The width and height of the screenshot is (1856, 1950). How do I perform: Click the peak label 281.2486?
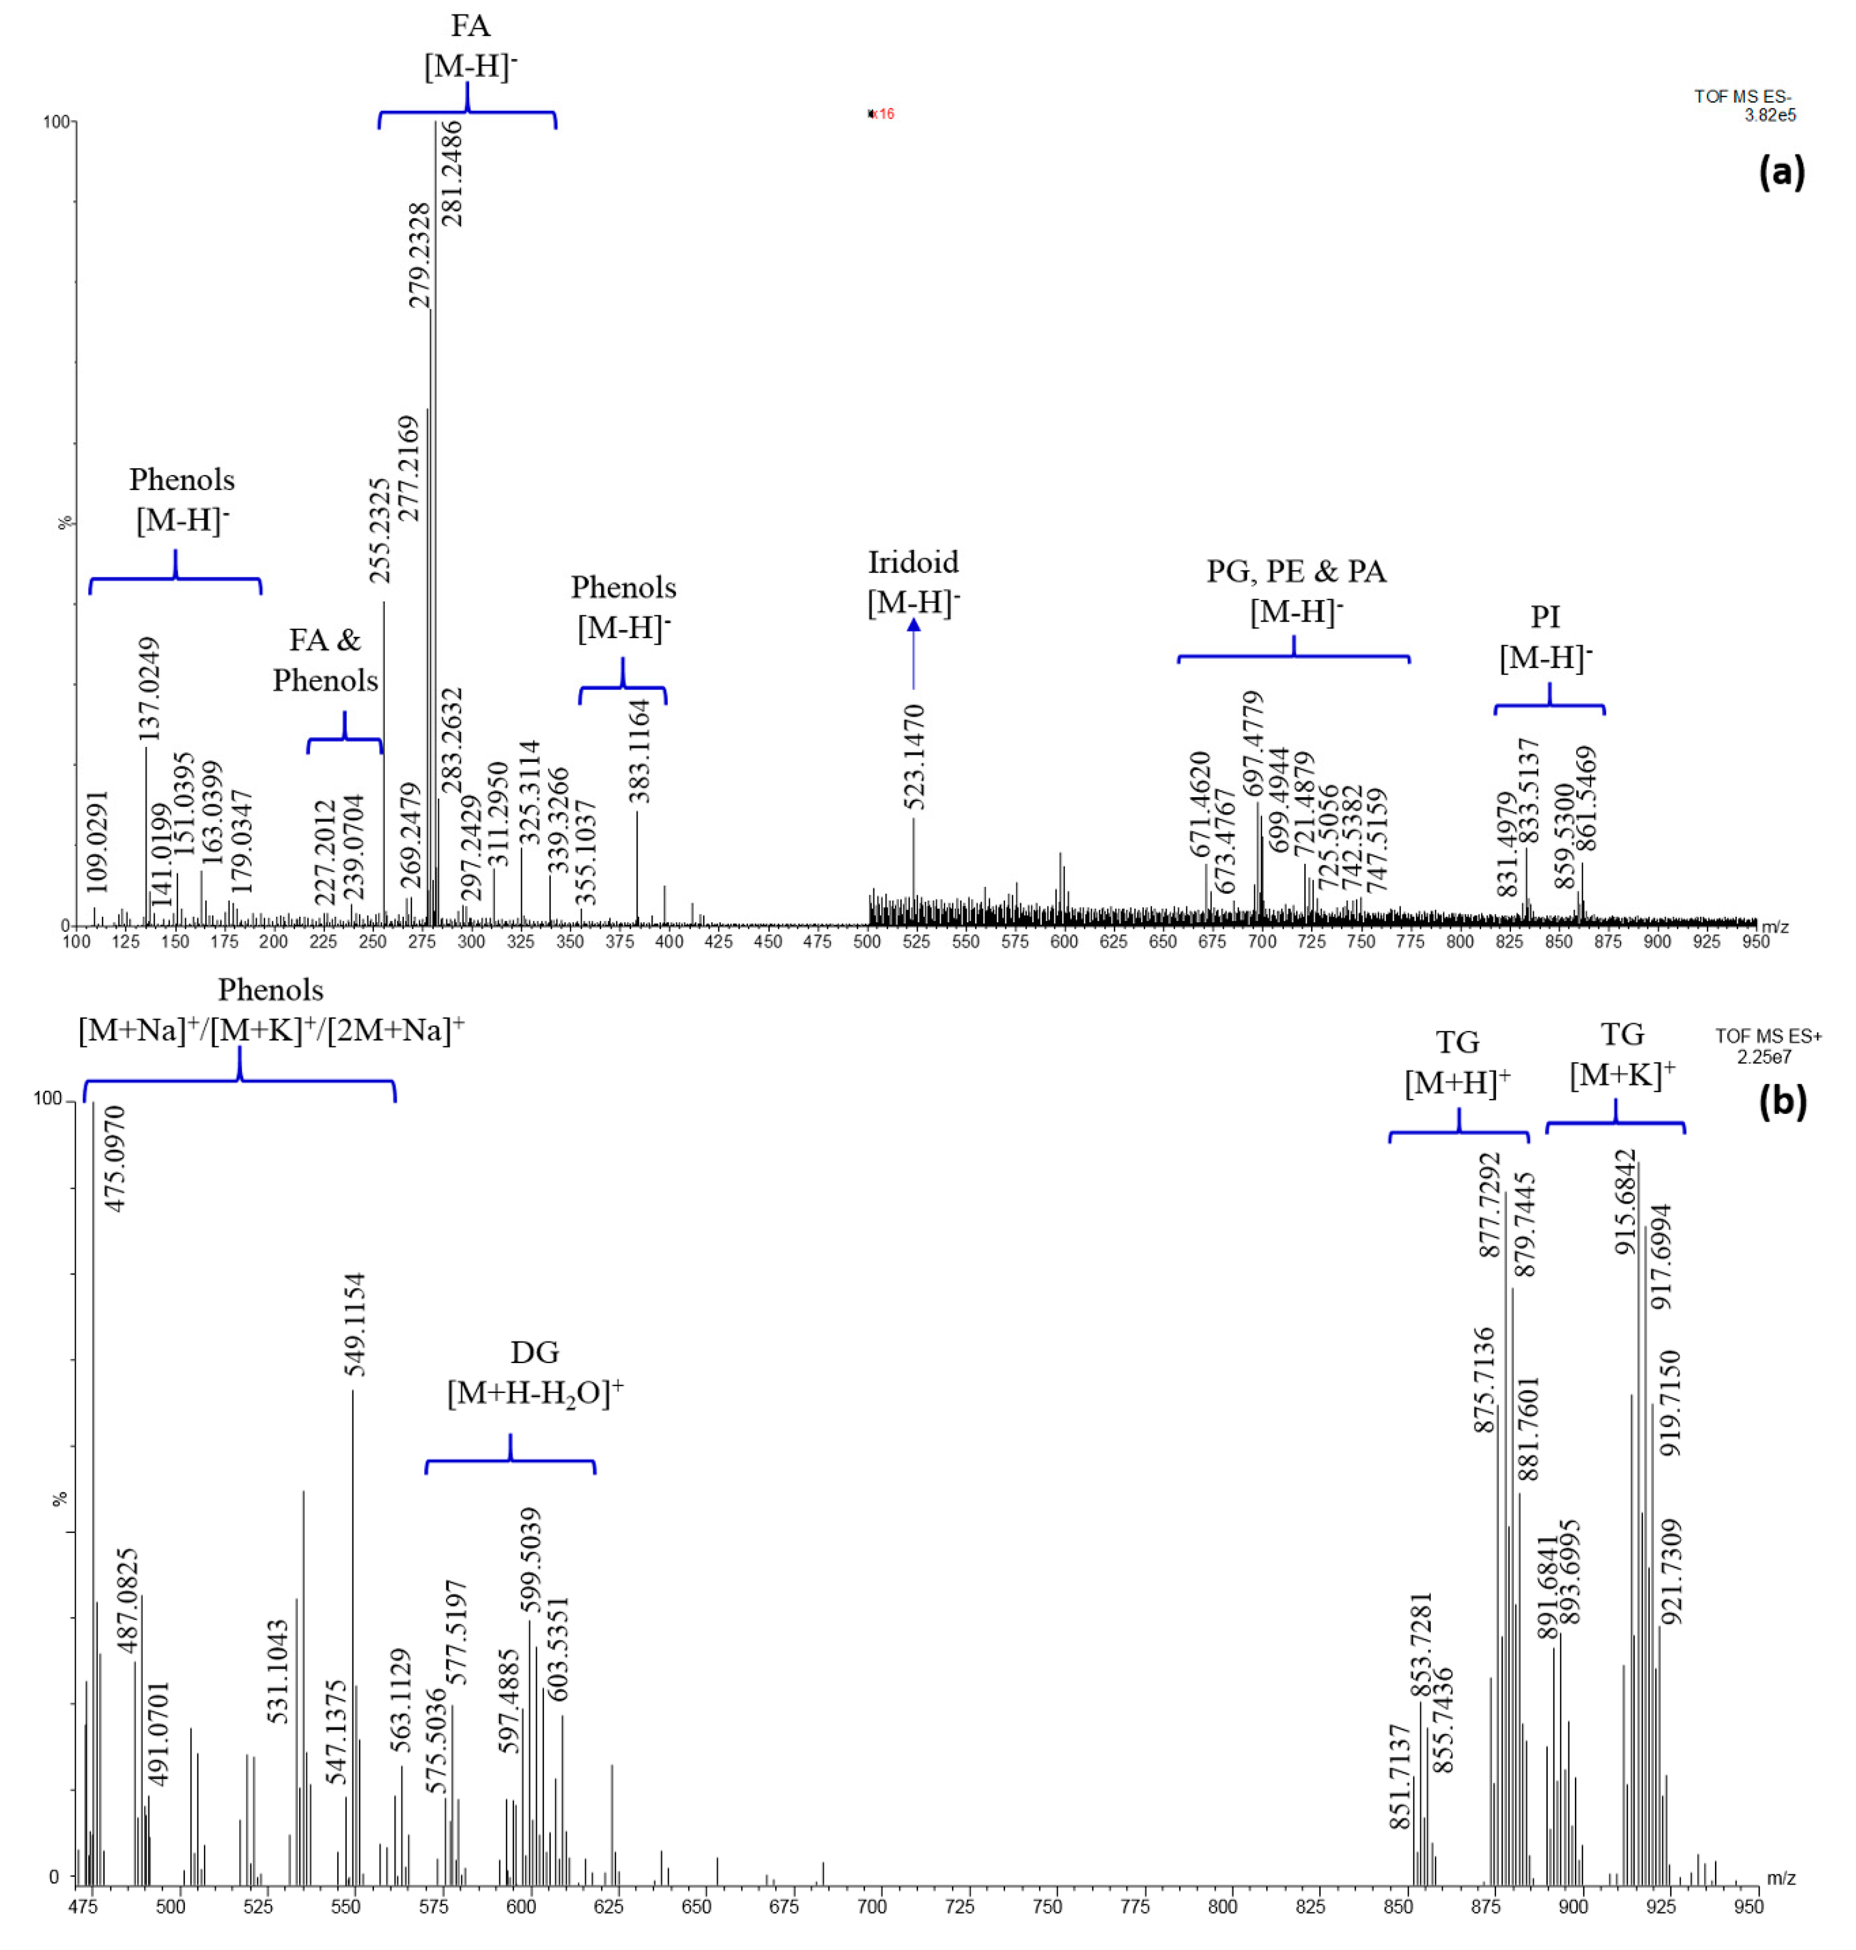[452, 173]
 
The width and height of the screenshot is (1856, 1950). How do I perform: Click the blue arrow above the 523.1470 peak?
[913, 653]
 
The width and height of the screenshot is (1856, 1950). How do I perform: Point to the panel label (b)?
[1781, 1101]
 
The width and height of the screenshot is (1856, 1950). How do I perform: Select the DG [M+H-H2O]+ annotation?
[534, 1373]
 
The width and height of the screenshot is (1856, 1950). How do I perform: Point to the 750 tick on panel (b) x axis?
[1047, 1907]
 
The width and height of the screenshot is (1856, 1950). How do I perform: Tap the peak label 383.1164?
[640, 751]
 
